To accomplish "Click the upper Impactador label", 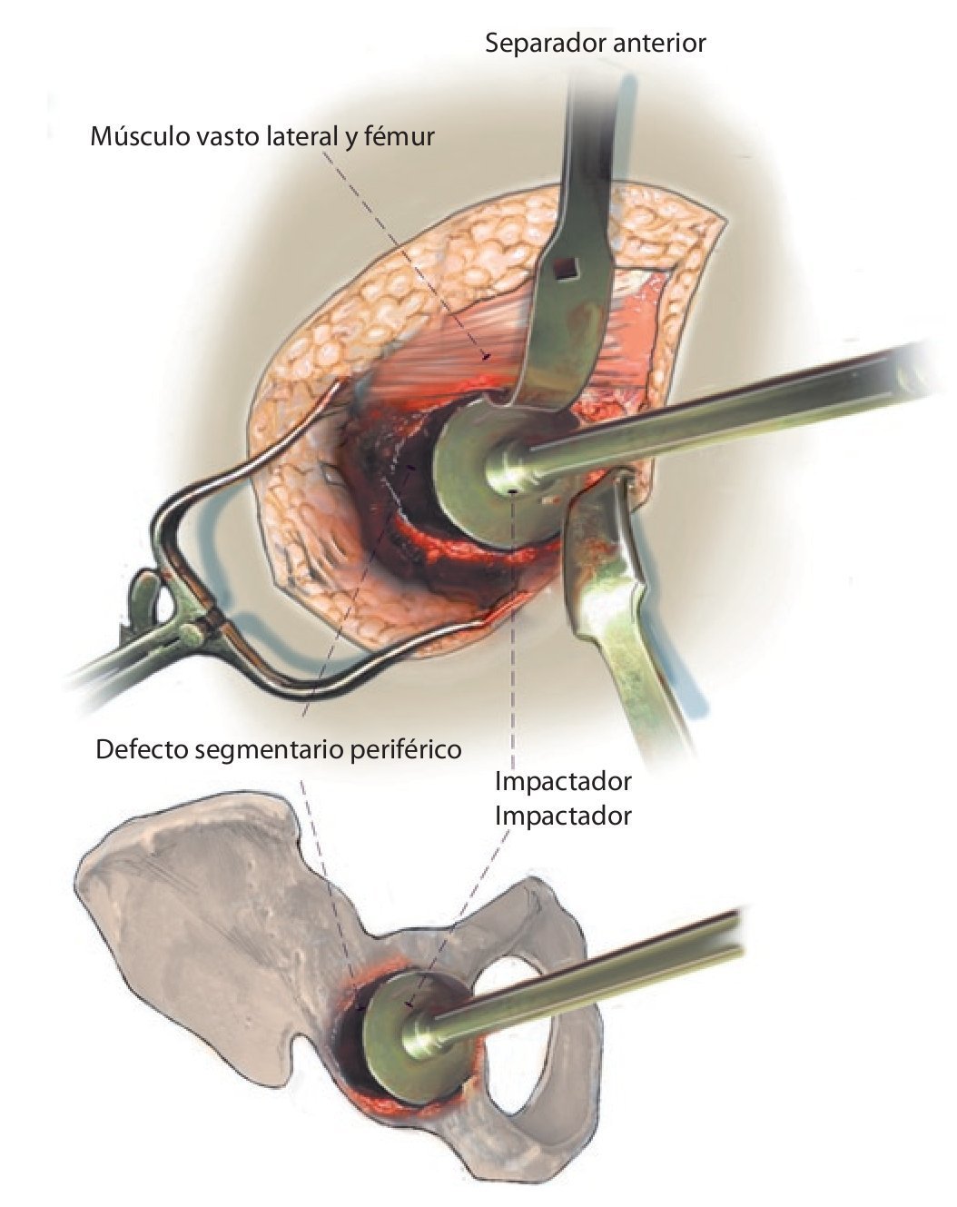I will click(x=563, y=781).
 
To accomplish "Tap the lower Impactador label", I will click(x=563, y=816).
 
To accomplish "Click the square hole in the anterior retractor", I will click(x=567, y=266).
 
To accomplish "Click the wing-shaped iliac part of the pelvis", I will click(x=200, y=899).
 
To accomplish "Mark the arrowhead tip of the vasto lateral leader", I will click(x=488, y=355).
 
